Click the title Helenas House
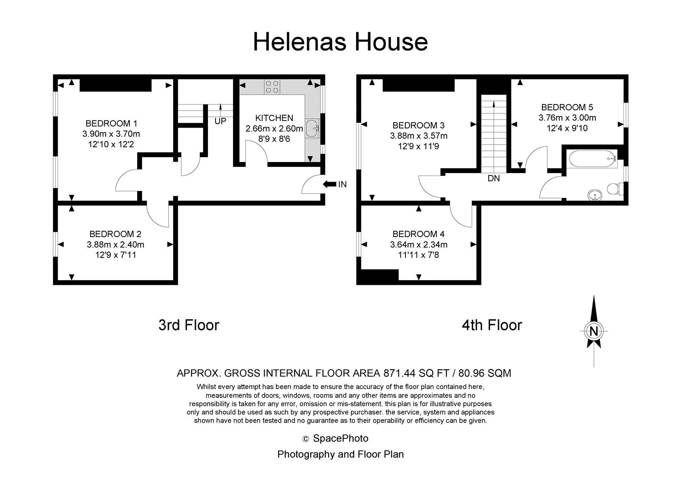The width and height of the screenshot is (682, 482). [x=341, y=42]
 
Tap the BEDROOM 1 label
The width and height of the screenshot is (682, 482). [x=111, y=123]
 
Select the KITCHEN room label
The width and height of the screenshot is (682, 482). [x=274, y=118]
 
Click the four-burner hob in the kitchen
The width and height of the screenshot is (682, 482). [x=272, y=87]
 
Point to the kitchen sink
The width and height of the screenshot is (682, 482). [x=312, y=128]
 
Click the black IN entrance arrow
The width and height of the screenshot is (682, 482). [x=329, y=184]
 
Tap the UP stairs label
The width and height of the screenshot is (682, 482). [x=220, y=121]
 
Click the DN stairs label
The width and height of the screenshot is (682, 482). [x=494, y=179]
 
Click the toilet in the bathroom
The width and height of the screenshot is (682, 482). [x=615, y=189]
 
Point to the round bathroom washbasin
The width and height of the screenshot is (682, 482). [x=595, y=195]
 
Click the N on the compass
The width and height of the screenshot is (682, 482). [x=594, y=331]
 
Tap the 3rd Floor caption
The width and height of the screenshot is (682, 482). [x=189, y=325]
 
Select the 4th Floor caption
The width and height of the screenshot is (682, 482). [x=492, y=325]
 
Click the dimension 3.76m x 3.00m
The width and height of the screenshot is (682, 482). [x=567, y=117]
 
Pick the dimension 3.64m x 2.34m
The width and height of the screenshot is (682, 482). [x=419, y=245]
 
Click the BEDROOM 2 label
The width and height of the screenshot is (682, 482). [x=116, y=234]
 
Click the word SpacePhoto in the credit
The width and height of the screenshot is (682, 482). [x=341, y=438]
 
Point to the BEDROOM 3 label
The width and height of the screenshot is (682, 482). [x=419, y=125]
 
